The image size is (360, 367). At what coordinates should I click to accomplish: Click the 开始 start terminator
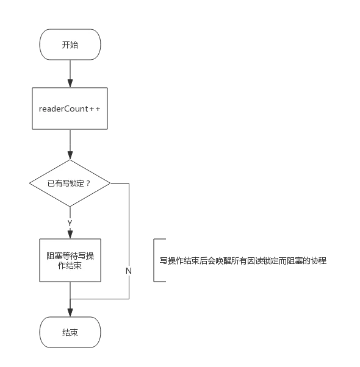pos(70,45)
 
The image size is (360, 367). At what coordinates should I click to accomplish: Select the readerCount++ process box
pos(70,109)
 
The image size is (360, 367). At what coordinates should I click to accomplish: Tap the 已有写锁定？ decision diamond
pos(70,184)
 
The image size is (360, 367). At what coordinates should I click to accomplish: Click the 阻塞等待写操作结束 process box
pos(70,260)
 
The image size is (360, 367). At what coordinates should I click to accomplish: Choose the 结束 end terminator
pos(70,332)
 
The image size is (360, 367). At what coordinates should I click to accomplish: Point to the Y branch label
pos(70,223)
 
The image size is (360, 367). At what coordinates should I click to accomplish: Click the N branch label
pos(129,271)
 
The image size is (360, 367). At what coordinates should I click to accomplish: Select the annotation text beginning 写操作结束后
pos(243,260)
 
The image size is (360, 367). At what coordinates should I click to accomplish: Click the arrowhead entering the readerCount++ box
pos(70,84)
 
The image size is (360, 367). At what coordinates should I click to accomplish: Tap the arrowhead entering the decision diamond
pos(70,155)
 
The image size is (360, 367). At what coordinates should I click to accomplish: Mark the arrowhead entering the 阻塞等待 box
pos(70,235)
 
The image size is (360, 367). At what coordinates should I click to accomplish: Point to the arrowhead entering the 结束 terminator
pos(70,313)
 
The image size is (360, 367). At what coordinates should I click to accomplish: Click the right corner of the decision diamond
pos(110,184)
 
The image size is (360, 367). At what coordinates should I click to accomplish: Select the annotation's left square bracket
pos(154,260)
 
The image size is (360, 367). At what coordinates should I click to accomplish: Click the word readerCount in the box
pos(63,109)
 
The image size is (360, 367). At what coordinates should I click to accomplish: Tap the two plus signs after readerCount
pos(95,109)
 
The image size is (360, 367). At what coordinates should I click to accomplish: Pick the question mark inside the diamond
pos(88,184)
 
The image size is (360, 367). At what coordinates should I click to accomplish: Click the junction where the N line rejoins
pos(70,299)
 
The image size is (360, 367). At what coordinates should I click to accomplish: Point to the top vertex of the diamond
pos(70,160)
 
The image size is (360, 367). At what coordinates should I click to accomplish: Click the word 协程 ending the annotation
pos(319,260)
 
